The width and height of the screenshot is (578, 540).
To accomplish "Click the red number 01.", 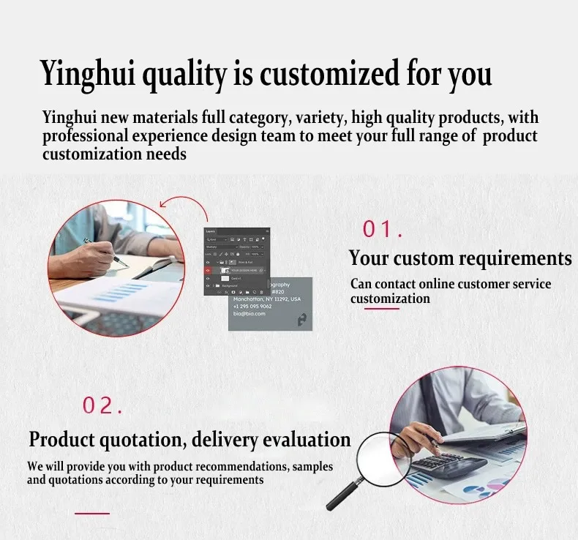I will (383, 230).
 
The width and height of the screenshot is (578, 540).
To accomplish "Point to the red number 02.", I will (102, 405).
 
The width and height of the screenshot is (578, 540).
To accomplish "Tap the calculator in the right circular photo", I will (447, 466).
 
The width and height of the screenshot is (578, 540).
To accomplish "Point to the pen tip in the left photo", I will (124, 264).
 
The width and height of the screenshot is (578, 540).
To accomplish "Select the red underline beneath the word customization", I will (382, 309).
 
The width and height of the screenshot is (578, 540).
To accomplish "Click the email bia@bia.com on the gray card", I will (249, 315).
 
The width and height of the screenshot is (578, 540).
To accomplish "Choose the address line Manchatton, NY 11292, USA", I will (266, 299).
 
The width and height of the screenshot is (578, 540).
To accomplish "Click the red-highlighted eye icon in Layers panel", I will (209, 269).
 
